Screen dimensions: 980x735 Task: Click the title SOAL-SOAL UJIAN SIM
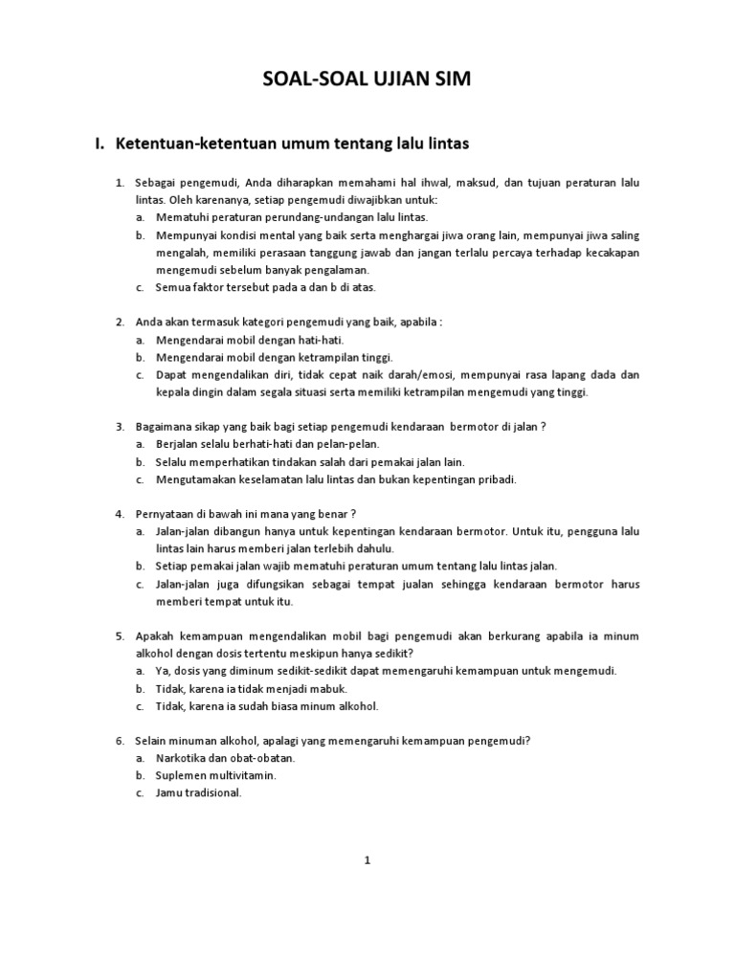click(367, 82)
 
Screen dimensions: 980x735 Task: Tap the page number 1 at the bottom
click(367, 859)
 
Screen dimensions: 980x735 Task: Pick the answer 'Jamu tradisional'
click(199, 792)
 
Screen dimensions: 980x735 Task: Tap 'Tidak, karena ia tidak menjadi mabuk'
click(251, 688)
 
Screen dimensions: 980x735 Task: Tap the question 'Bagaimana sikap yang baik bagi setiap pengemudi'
click(340, 426)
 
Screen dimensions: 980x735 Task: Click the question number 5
click(121, 635)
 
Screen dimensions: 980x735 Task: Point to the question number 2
click(121, 322)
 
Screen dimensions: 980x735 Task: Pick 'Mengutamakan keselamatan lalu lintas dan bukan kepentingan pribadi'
click(336, 479)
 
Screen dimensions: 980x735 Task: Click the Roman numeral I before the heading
click(99, 145)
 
